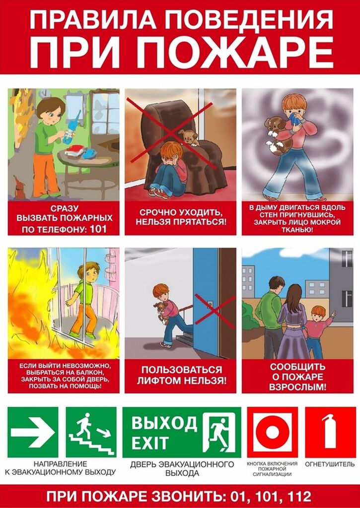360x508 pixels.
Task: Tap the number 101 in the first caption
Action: click(98, 229)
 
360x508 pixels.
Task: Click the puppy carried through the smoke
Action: click(277, 134)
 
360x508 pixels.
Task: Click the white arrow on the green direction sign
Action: click(33, 432)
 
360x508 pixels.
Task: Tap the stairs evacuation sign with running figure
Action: click(91, 432)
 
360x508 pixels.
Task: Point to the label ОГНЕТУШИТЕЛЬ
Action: click(330, 464)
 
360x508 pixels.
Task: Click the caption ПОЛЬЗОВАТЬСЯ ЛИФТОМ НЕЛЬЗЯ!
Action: click(182, 375)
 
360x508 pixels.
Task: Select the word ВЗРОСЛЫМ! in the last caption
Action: click(298, 386)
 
